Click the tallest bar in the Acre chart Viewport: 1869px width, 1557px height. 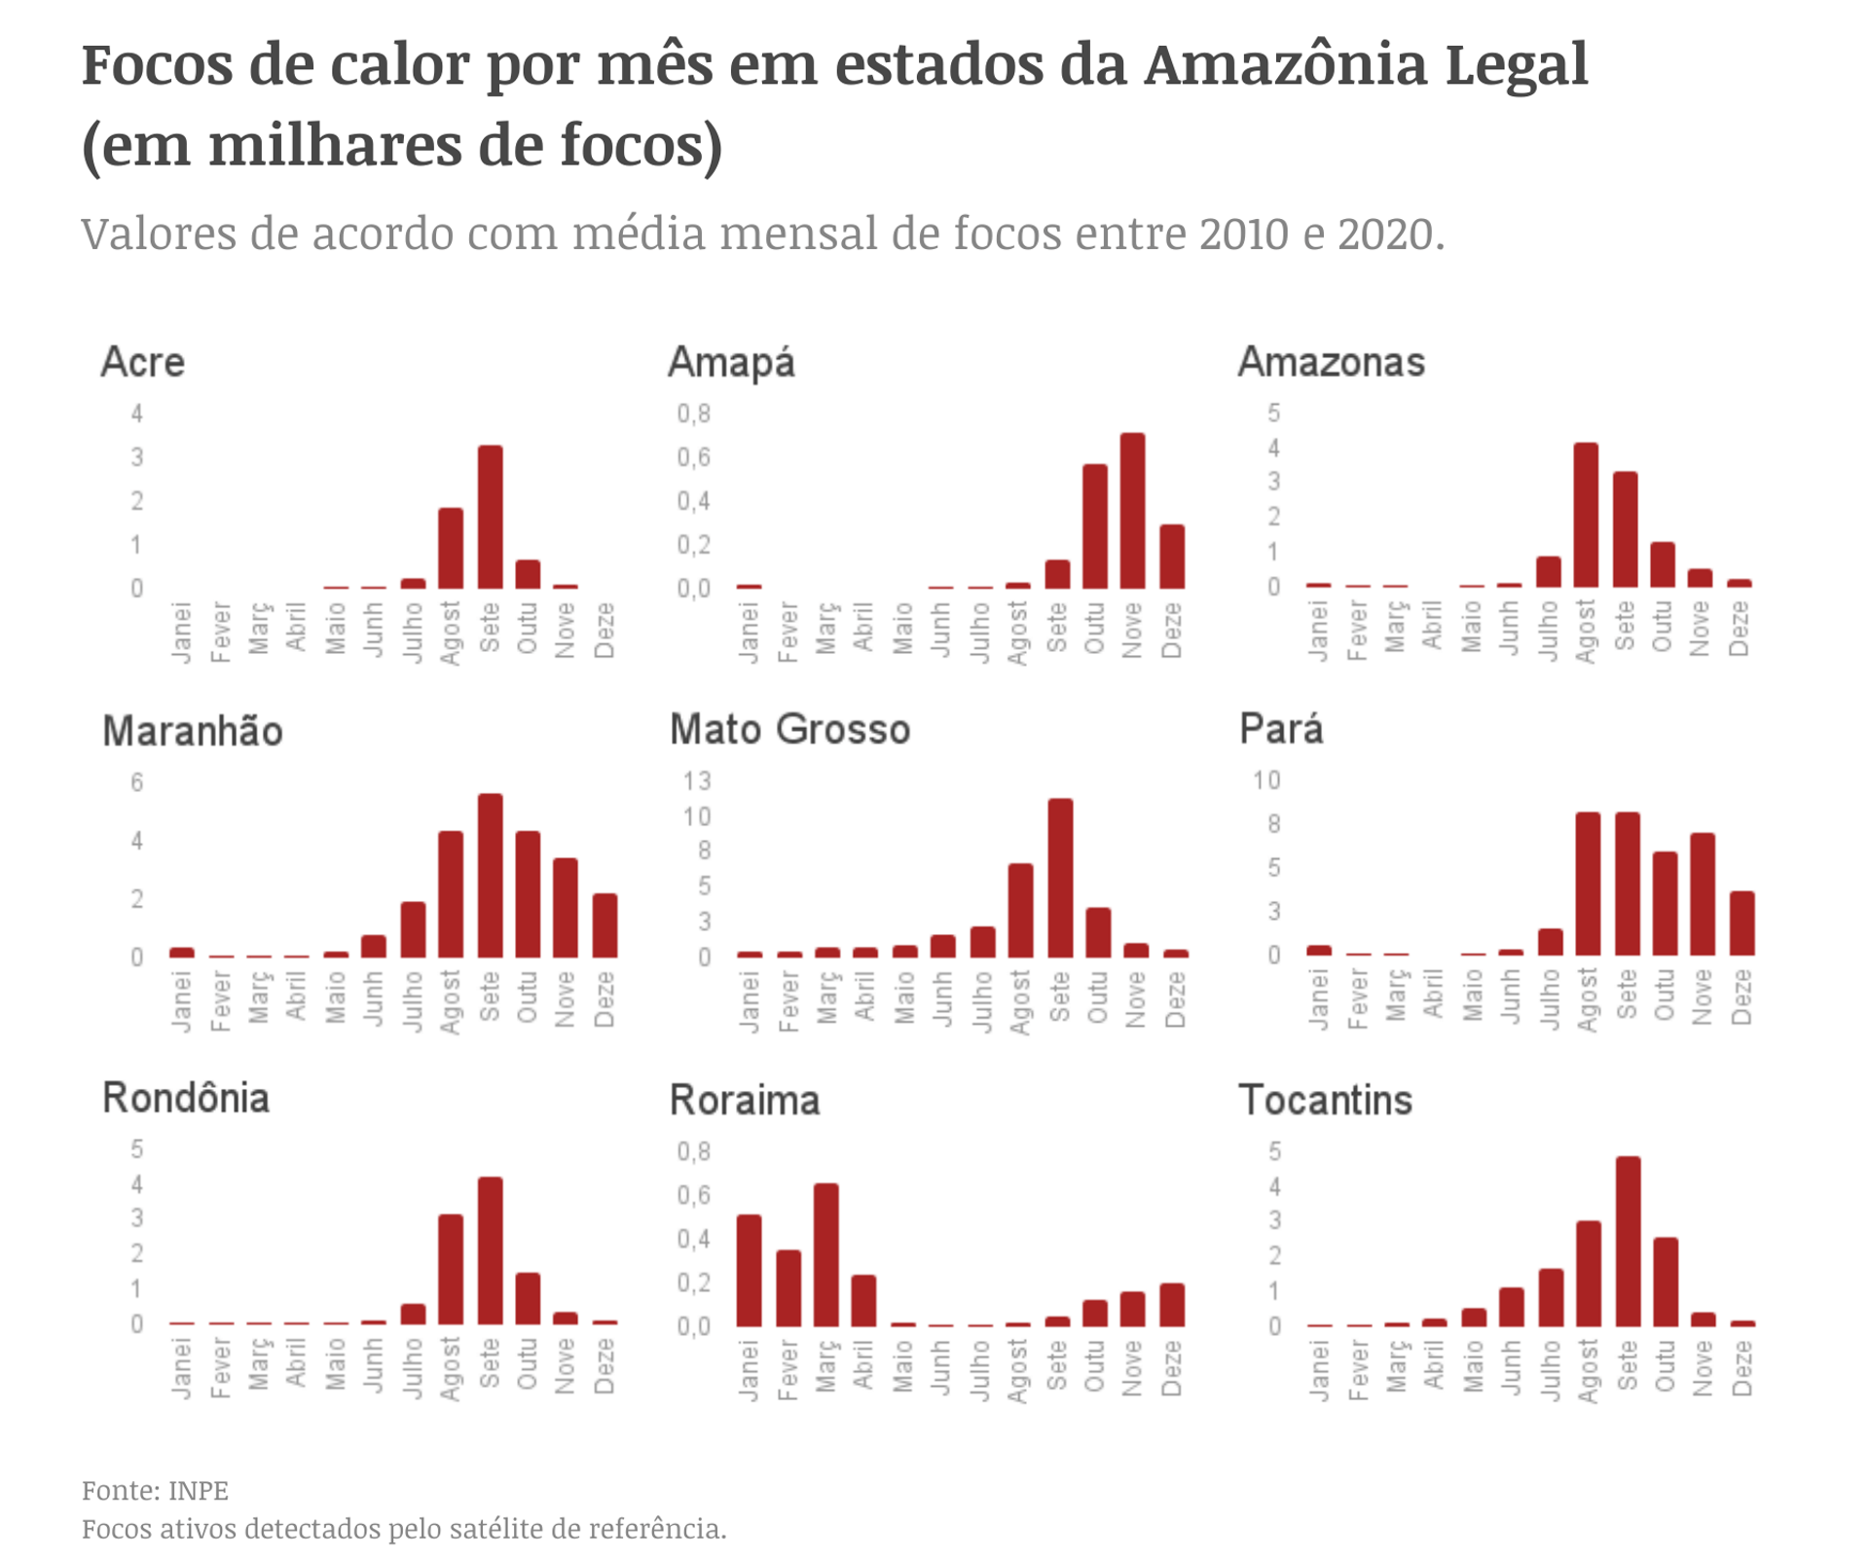[x=490, y=517]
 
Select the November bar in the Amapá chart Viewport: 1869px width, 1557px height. [x=1132, y=511]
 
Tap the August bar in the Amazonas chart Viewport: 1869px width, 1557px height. [x=1586, y=515]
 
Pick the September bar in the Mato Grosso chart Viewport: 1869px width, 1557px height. [x=1060, y=878]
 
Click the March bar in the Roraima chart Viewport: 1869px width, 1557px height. [x=826, y=1254]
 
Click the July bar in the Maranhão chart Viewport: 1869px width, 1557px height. [x=413, y=929]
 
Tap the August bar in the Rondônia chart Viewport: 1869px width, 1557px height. [x=451, y=1269]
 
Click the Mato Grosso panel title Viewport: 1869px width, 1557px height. [x=789, y=730]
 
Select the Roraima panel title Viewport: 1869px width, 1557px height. [x=745, y=1101]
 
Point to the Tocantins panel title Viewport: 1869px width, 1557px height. [x=1325, y=1101]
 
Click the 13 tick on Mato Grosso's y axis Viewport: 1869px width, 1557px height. [x=697, y=781]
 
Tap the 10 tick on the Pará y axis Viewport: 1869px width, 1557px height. [x=1265, y=780]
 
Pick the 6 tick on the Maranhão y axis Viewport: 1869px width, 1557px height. [x=137, y=782]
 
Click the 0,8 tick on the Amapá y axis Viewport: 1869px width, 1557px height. [x=694, y=414]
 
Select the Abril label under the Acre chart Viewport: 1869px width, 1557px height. [x=296, y=627]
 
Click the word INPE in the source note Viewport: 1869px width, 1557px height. [x=199, y=1491]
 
